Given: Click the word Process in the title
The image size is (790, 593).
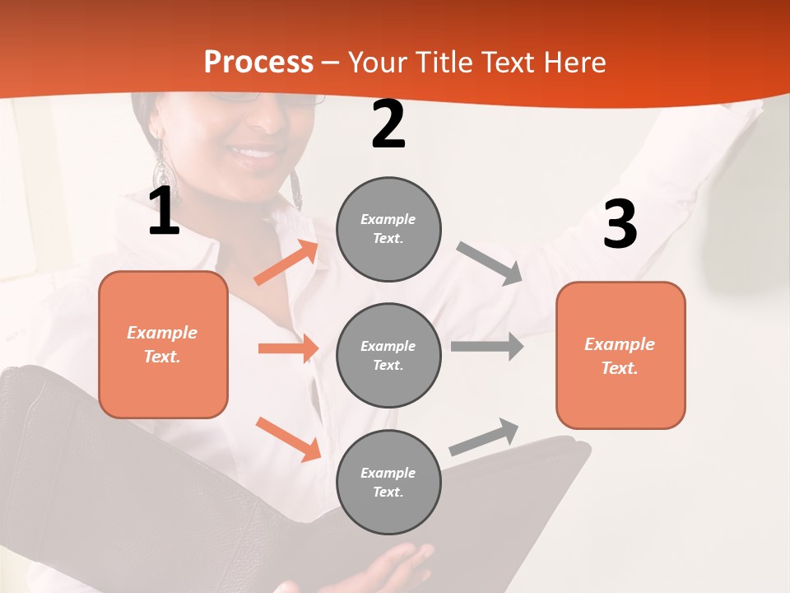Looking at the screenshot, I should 258,63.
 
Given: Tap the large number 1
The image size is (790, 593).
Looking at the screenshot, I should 164,212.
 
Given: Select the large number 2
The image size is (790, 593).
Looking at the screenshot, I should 388,124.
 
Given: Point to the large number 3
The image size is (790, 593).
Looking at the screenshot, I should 620,224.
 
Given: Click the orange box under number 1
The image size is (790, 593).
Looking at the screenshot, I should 163,344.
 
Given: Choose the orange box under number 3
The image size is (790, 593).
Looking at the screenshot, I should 620,355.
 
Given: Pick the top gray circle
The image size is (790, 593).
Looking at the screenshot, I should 388,229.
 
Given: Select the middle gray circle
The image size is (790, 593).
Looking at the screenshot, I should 388,355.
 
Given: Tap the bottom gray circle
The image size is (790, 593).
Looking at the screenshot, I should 388,482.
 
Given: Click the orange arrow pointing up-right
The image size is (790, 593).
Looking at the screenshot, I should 286,263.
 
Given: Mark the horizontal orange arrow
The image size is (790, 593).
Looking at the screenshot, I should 288,348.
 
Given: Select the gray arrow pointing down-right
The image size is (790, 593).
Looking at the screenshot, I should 490,263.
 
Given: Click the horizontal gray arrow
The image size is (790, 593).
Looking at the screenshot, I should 487,346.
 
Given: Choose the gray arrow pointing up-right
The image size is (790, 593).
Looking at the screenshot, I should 484,437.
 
